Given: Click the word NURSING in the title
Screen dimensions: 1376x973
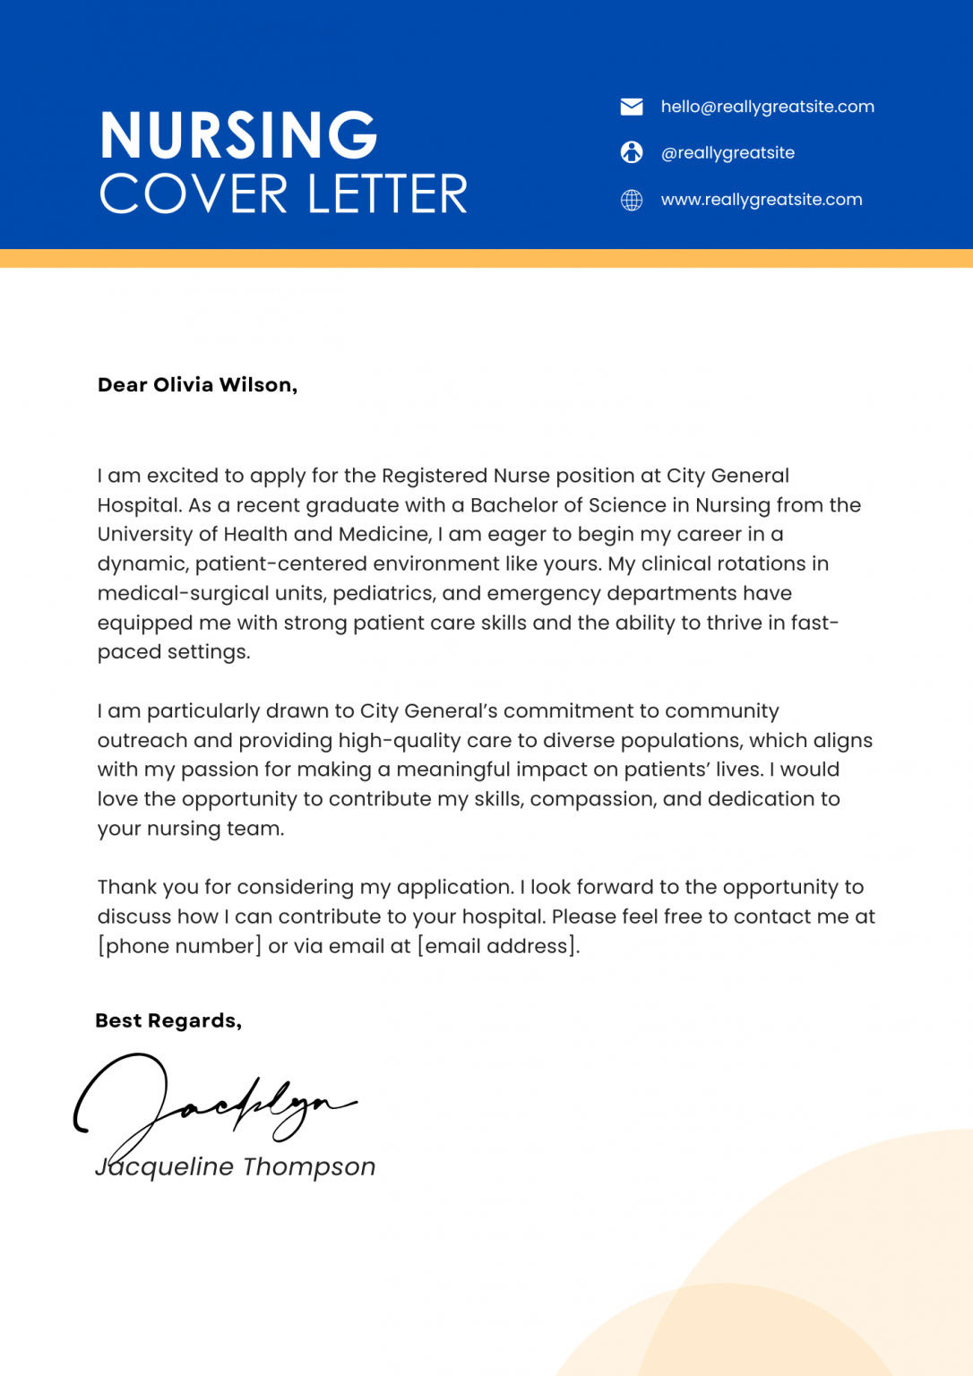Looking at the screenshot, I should [238, 136].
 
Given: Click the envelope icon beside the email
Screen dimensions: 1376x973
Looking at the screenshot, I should [632, 107].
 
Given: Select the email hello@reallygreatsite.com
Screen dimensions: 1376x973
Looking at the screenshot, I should [767, 107].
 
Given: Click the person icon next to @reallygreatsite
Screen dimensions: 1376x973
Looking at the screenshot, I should [632, 152].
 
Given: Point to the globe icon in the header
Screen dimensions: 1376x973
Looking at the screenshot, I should [632, 200].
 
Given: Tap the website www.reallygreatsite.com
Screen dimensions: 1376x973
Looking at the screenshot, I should [762, 200].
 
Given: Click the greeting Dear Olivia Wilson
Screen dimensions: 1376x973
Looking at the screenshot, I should [197, 385].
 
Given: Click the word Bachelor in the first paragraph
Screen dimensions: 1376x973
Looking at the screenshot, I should [514, 505].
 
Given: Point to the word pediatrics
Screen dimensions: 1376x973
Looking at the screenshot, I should [381, 593].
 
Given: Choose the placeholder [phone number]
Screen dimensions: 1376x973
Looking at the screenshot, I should [179, 947].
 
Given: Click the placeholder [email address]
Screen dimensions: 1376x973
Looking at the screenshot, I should [498, 947].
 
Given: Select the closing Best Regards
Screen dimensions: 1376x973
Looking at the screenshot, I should [168, 1021].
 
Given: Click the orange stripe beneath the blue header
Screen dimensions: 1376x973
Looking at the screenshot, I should [486, 259].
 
